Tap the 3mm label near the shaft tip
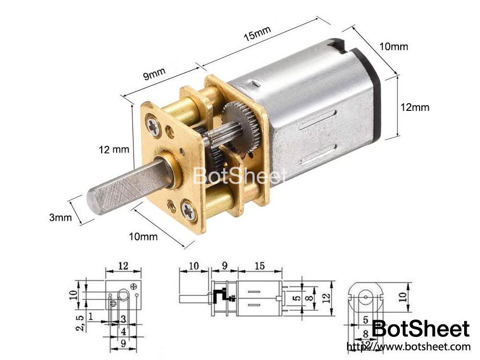click(60, 217)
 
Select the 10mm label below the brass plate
click(144, 236)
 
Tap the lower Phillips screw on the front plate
click(189, 210)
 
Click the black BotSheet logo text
click(420, 329)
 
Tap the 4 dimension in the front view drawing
click(123, 331)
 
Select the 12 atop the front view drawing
click(123, 264)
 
